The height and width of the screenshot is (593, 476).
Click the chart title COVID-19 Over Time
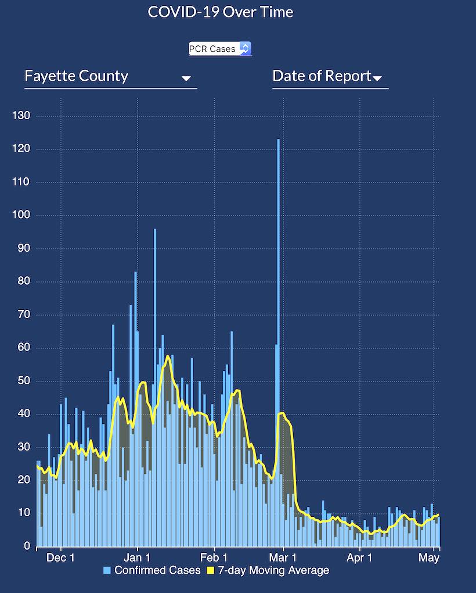(221, 12)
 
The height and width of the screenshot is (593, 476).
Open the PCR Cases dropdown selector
(220, 49)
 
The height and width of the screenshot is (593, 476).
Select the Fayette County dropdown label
(77, 76)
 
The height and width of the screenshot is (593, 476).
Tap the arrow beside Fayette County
(186, 78)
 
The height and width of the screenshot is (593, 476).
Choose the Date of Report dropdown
(327, 76)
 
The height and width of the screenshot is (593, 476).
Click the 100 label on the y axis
(21, 216)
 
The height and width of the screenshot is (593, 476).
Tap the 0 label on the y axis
(27, 546)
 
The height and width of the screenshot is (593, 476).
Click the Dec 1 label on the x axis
(61, 558)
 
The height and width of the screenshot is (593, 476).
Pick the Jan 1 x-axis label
(138, 558)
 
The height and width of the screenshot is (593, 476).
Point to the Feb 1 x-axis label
(214, 558)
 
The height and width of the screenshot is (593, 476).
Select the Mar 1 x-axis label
(283, 558)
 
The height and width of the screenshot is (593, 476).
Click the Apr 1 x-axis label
(360, 558)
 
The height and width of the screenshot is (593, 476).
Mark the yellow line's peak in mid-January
(168, 356)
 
